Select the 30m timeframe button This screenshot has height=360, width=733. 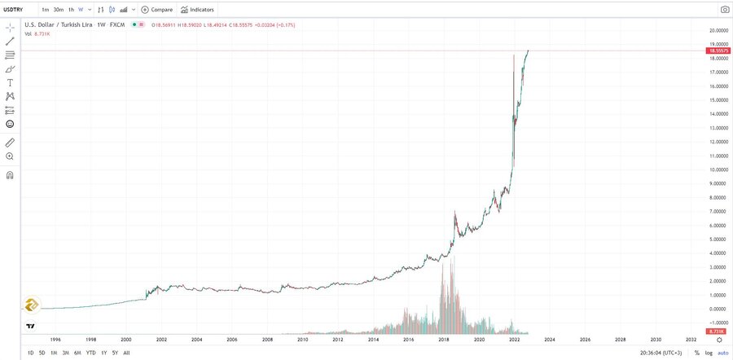(x=58, y=10)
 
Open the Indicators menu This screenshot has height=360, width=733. (x=198, y=10)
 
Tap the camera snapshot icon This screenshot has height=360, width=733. (x=724, y=10)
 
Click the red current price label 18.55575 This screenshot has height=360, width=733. (x=717, y=50)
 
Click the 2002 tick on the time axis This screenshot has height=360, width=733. (x=161, y=339)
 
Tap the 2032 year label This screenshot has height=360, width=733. (x=691, y=339)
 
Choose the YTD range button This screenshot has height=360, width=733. (x=90, y=352)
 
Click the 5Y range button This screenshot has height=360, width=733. (x=115, y=352)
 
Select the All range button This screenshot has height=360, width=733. (x=126, y=352)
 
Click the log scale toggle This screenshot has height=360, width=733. (x=708, y=352)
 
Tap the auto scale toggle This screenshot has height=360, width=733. (x=722, y=352)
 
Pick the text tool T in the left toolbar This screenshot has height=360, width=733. (x=10, y=82)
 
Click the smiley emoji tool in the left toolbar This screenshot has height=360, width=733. (x=10, y=124)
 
